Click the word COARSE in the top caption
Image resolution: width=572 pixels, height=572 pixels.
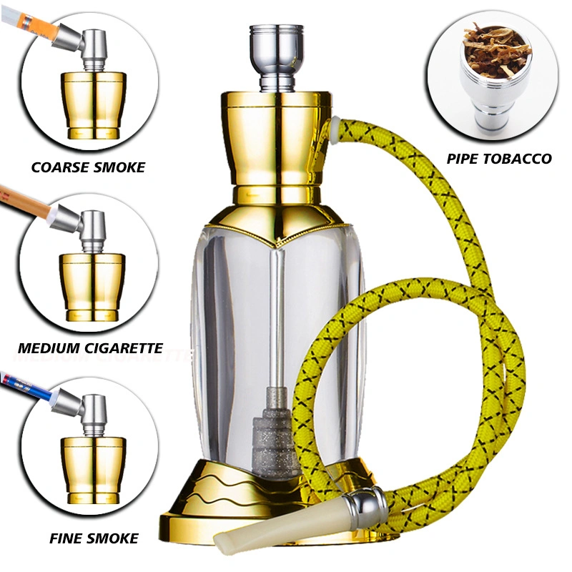click(x=60, y=167)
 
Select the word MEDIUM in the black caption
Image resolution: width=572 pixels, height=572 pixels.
click(x=46, y=348)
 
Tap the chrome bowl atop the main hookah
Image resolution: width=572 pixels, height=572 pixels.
click(x=277, y=58)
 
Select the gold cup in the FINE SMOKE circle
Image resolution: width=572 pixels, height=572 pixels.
click(x=94, y=470)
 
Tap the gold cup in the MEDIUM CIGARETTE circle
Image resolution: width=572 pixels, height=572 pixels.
click(x=92, y=287)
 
